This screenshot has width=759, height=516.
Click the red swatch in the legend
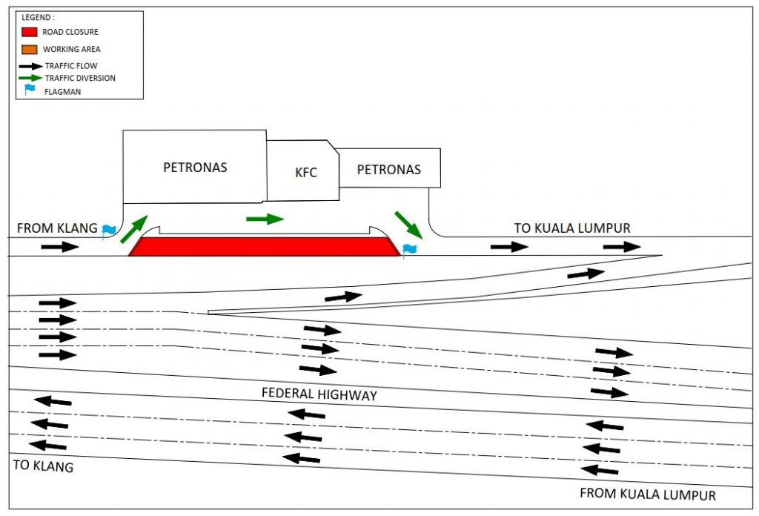30,32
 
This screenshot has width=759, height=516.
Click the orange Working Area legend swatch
30,49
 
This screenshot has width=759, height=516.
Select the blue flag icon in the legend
30,90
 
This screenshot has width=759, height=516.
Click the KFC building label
306,173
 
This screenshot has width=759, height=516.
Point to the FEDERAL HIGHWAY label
319,394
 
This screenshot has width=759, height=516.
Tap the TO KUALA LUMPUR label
572,228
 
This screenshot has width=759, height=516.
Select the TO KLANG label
43,466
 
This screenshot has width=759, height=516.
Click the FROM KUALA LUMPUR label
647,494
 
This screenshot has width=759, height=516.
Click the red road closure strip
264,247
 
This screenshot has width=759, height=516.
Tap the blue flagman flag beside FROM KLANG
109,231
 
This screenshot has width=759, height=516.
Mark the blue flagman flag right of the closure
409,250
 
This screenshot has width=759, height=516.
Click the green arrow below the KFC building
265,219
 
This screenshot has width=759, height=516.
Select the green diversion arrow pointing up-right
134,229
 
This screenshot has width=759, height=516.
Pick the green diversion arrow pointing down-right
408,225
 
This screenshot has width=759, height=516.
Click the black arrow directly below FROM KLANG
59,246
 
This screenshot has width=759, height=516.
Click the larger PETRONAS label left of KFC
195,168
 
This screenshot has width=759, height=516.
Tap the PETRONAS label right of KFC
388,170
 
